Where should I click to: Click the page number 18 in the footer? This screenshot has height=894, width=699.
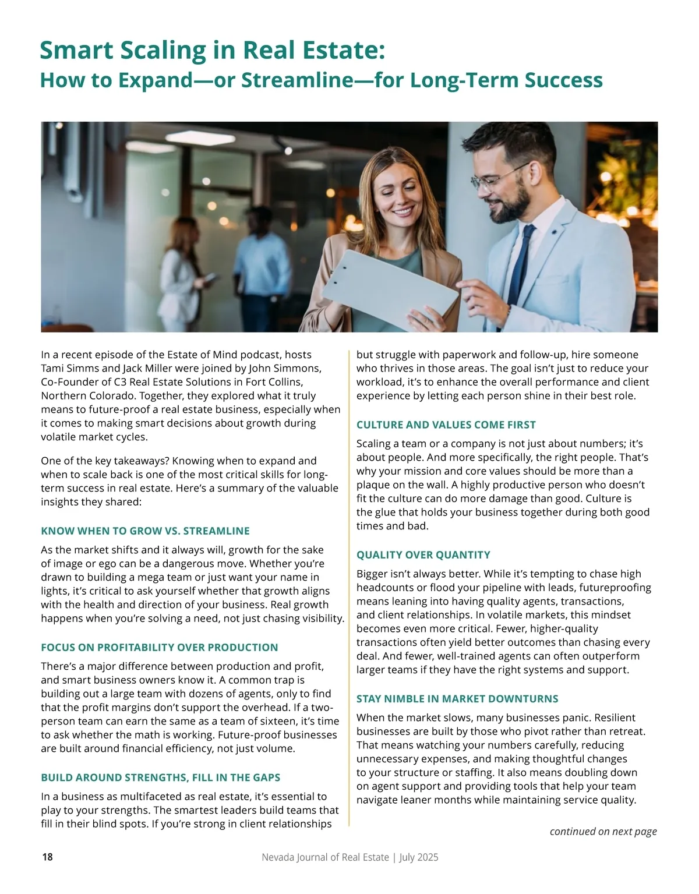tap(47, 857)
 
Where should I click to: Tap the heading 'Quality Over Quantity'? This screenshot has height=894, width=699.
tap(423, 555)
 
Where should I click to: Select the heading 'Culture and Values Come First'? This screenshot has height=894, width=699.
tap(446, 425)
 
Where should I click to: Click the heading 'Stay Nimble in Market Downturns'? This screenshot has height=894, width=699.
tap(457, 699)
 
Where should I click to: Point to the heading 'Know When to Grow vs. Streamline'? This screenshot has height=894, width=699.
tap(145, 531)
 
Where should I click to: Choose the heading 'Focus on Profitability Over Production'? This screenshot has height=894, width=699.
tap(160, 648)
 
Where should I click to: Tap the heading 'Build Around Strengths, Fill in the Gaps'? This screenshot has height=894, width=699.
tap(161, 778)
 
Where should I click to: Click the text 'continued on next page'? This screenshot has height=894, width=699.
tap(603, 831)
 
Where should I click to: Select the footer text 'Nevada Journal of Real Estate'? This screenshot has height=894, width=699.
tap(325, 857)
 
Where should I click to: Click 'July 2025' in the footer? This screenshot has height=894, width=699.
tap(419, 857)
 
